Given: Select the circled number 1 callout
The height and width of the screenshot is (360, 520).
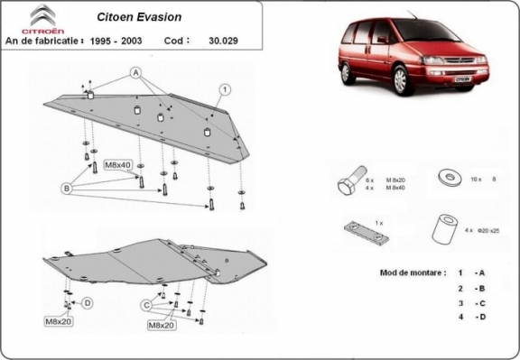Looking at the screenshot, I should [x=225, y=88].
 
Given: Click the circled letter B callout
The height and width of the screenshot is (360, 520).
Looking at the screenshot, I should [x=66, y=188].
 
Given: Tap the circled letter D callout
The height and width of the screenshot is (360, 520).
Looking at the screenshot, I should [x=87, y=302].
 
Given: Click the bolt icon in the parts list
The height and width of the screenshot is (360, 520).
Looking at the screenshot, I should [x=350, y=182].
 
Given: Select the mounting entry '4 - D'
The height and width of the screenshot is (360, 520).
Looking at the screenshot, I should [x=472, y=317].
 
